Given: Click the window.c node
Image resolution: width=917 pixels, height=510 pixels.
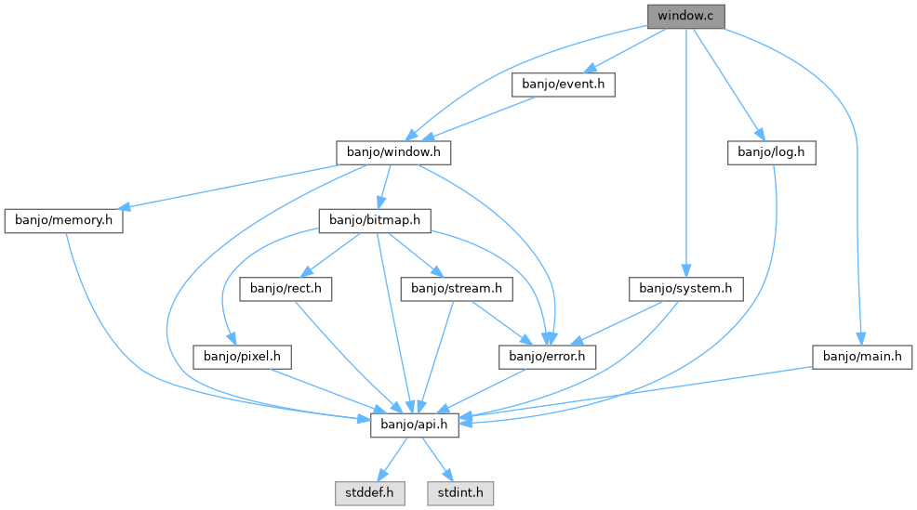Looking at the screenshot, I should coord(685,16).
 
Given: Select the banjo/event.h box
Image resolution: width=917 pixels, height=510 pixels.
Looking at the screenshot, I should coord(564,85).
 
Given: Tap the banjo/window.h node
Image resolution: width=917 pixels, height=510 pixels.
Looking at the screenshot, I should coord(393,151).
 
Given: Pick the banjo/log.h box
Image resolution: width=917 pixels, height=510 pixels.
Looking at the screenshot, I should coord(771,151).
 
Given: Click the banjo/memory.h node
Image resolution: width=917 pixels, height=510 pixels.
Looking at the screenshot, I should coord(64,220).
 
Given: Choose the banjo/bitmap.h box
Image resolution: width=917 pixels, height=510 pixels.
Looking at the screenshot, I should coord(376,220).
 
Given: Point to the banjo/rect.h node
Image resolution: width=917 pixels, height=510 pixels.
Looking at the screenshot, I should coord(286,289).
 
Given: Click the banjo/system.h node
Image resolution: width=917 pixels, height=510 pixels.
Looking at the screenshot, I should coord(686,289).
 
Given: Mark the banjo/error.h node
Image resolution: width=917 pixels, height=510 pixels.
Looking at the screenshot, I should coord(548,356).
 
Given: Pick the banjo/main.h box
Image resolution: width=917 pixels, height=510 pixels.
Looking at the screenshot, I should coord(862,356).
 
